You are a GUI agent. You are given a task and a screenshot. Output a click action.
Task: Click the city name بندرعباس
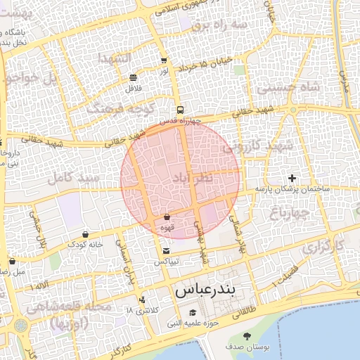205,290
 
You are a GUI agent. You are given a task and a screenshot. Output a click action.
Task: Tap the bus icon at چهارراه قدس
181,110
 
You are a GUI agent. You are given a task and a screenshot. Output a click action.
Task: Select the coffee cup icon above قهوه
167,217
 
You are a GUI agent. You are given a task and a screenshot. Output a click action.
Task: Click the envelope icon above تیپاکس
166,250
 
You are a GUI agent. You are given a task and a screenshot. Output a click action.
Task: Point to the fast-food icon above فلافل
134,77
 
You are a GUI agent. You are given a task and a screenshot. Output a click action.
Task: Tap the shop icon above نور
164,60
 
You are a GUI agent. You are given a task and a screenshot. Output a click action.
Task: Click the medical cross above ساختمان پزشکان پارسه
292,178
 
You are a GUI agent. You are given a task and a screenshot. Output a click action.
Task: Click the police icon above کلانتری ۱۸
143,300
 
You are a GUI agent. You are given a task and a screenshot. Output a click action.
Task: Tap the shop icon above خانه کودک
86,234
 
